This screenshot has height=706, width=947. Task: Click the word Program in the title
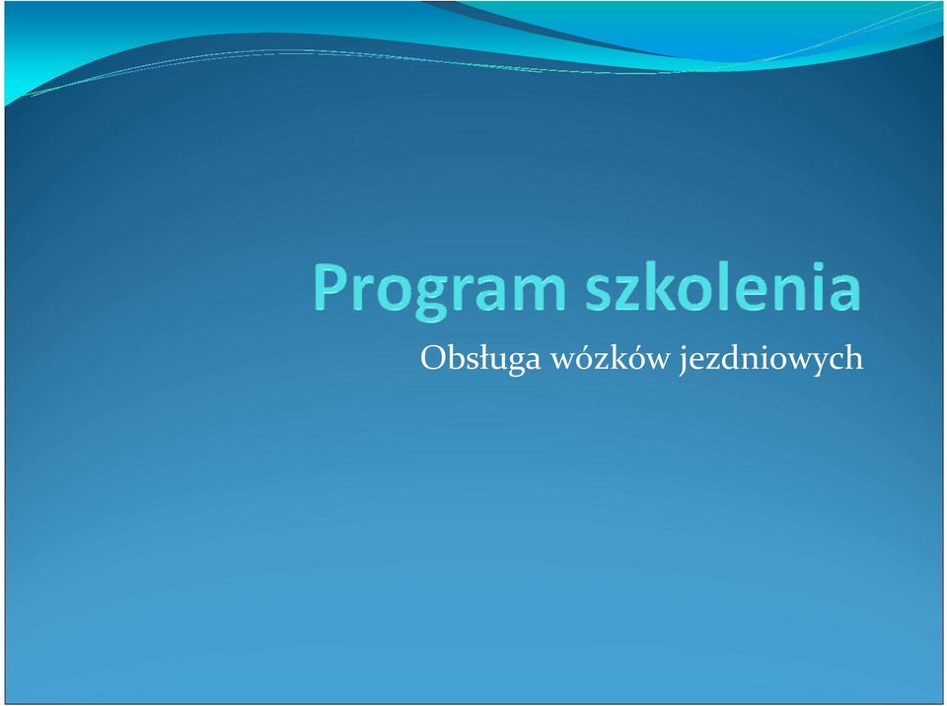click(439, 291)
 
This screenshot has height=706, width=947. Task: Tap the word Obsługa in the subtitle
click(480, 359)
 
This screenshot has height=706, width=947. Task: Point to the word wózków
click(610, 358)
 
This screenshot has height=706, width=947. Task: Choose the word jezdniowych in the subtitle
click(771, 359)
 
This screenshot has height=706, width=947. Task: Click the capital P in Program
click(330, 288)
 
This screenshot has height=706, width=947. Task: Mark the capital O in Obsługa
click(433, 358)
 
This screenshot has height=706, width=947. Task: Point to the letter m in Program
click(539, 294)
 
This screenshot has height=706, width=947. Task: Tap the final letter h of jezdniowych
click(854, 356)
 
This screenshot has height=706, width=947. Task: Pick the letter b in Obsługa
click(457, 357)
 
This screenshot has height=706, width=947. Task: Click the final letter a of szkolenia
click(845, 294)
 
